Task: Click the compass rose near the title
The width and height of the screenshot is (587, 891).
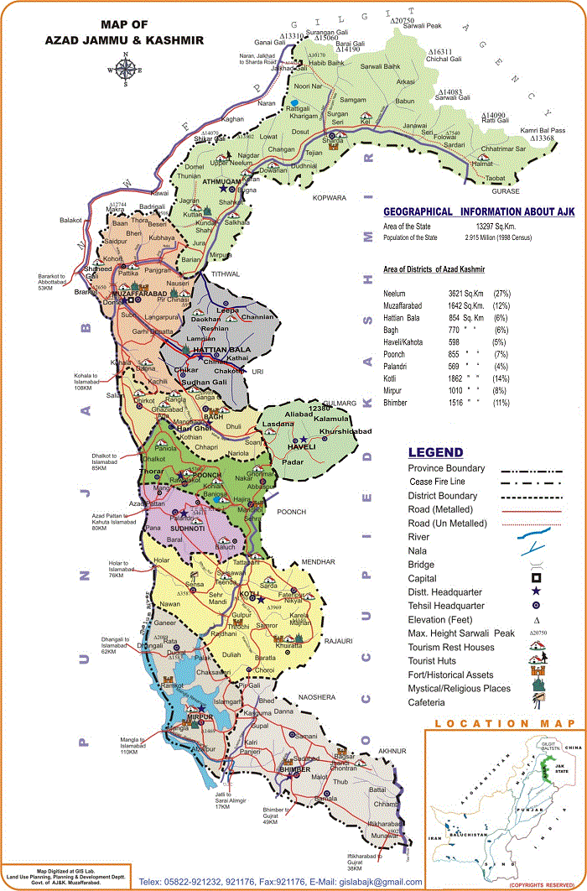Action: coord(125,70)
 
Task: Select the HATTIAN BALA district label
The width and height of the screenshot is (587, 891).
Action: coord(216,349)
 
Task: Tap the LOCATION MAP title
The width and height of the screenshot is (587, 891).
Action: coord(504,723)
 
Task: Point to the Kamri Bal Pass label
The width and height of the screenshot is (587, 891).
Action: coord(542,130)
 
